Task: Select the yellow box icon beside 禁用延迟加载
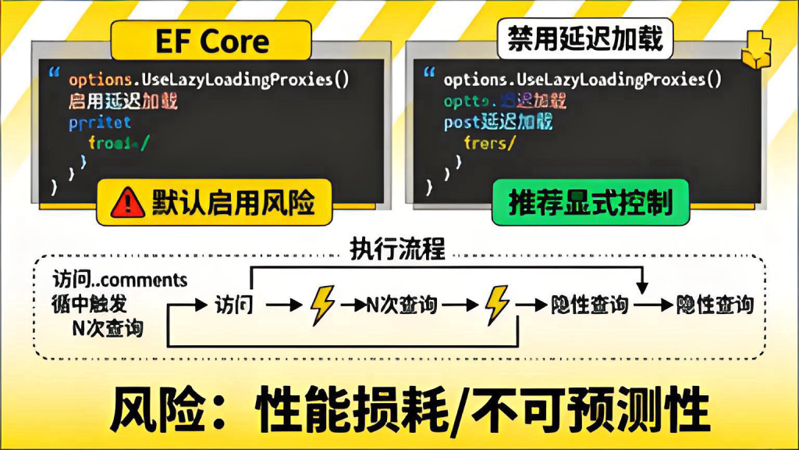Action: click(755, 52)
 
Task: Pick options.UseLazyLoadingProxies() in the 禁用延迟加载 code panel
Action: click(583, 80)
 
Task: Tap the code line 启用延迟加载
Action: click(123, 101)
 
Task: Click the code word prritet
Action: click(99, 123)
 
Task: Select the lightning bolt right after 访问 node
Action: click(322, 305)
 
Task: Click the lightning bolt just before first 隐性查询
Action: click(497, 305)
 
